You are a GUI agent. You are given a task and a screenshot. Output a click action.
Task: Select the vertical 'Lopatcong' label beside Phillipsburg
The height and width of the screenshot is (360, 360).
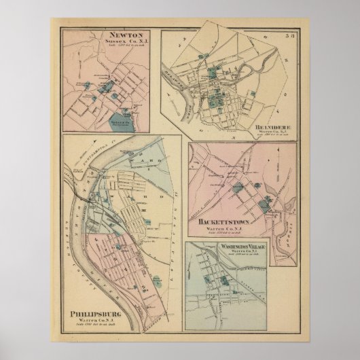(179, 224)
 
